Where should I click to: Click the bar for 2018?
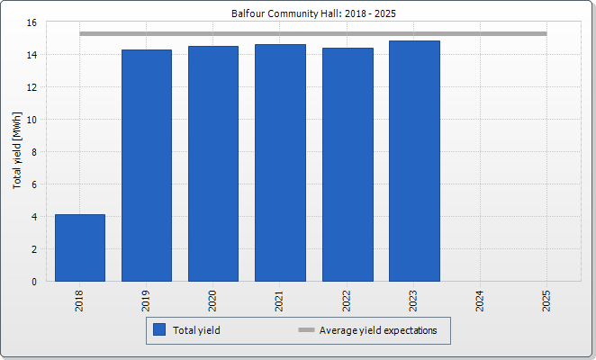click(x=80, y=247)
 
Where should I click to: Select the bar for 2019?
click(x=147, y=166)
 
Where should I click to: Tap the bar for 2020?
click(x=213, y=164)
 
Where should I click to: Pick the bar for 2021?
click(x=280, y=163)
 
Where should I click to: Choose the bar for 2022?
click(x=347, y=165)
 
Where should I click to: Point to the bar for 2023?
click(x=414, y=161)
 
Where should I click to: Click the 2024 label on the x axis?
click(x=480, y=300)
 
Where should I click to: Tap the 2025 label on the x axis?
click(x=546, y=300)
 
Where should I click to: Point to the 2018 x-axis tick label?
click(x=80, y=300)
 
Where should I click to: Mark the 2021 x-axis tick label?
click(x=280, y=300)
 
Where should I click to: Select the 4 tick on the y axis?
click(x=34, y=217)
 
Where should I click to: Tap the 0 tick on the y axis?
click(x=34, y=282)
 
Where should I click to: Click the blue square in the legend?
click(x=159, y=330)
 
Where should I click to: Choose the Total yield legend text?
click(x=196, y=330)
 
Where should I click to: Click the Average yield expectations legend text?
click(x=378, y=330)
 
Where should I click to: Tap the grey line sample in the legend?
click(x=306, y=330)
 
